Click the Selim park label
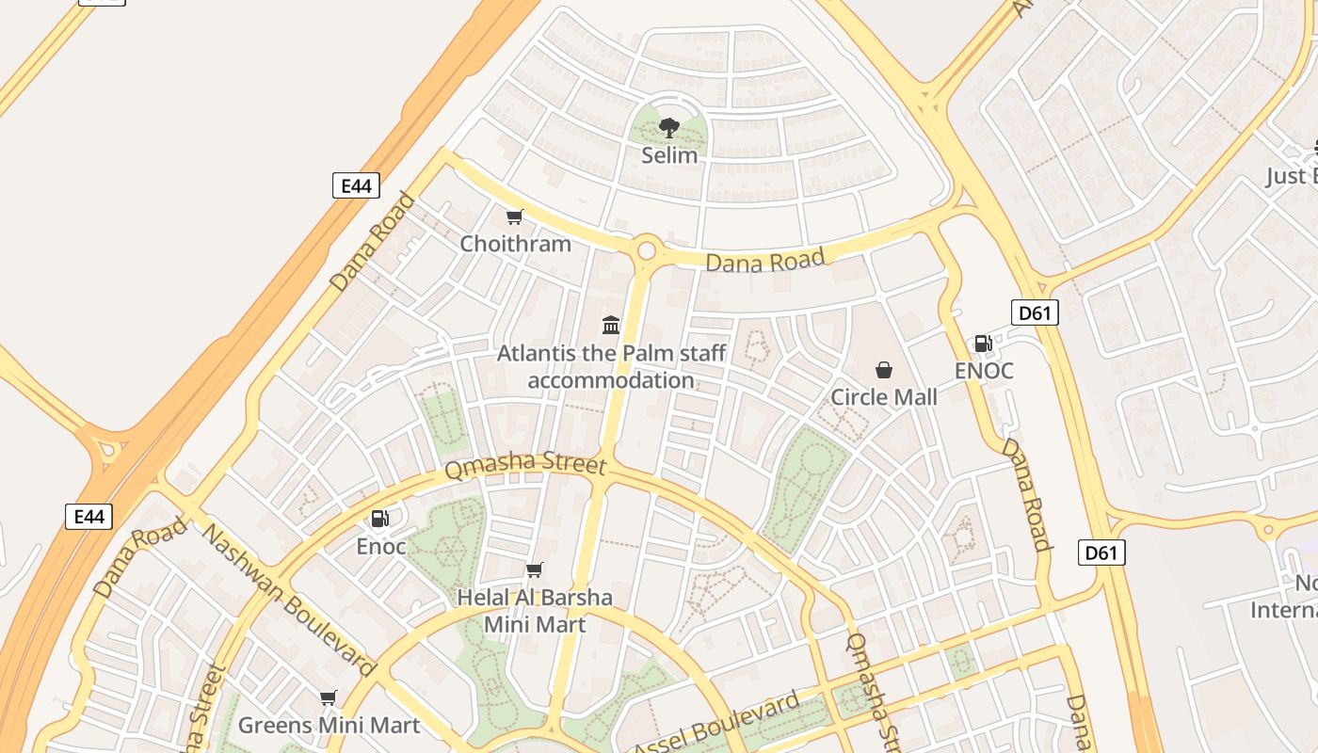(669, 155)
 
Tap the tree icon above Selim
(669, 127)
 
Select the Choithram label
(515, 244)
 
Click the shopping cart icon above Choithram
(514, 217)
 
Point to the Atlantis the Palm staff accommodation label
(611, 367)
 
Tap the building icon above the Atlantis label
(611, 326)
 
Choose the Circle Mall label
(883, 397)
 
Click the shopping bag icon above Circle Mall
(883, 370)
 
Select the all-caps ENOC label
(984, 371)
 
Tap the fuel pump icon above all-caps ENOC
(983, 344)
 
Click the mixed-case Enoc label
(381, 546)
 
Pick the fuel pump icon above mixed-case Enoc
(380, 519)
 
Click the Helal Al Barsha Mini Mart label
(534, 611)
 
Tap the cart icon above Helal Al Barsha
(534, 569)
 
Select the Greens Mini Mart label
(329, 726)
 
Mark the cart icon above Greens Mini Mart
(328, 698)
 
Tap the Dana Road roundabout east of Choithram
(646, 250)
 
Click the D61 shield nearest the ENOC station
(1035, 312)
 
